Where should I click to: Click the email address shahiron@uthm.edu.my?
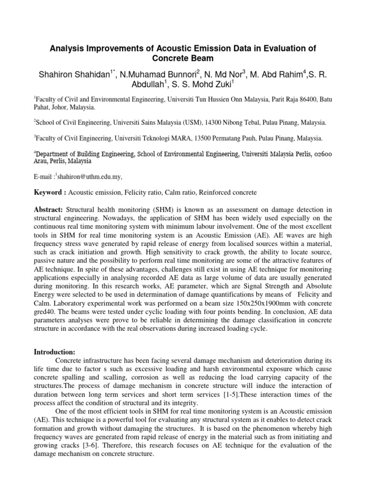90,176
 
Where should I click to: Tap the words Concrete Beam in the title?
183,59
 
